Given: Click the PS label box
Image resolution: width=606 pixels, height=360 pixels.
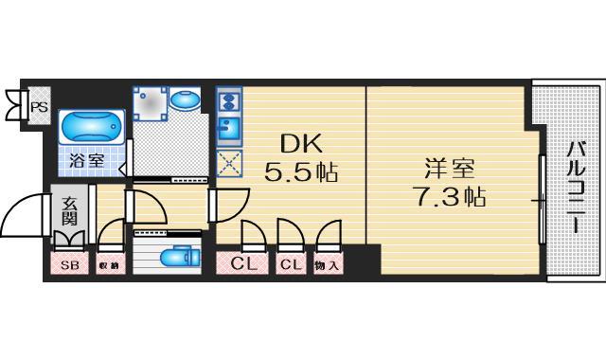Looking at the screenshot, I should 39,107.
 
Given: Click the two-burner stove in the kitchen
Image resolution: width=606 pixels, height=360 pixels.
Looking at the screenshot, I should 228,99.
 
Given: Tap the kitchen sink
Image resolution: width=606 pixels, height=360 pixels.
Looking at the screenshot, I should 228,128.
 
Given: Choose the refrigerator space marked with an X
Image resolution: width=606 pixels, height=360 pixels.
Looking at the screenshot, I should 228,163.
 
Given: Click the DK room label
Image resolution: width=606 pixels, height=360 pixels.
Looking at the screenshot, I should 301,145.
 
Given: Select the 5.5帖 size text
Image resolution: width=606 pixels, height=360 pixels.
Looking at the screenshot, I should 301,173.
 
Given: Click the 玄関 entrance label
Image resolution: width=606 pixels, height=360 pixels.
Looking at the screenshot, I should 71,213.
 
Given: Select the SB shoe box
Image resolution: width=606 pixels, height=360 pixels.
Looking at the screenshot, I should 69,265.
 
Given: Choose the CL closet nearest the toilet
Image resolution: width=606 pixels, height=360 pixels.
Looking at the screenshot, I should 244,264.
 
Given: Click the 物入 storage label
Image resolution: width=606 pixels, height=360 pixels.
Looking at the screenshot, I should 327,265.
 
